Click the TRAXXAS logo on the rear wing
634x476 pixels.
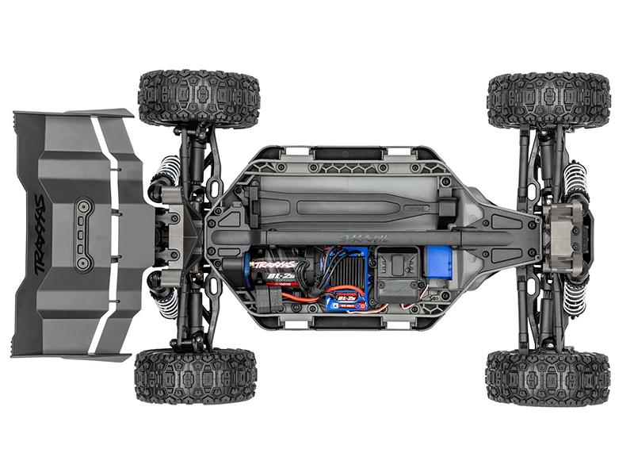tap(40, 234)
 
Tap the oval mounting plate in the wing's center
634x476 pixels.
tap(83, 234)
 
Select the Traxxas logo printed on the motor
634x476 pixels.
tap(273, 265)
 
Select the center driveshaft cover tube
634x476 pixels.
tap(372, 236)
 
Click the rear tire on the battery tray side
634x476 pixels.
tap(198, 98)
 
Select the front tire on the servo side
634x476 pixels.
tap(548, 377)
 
